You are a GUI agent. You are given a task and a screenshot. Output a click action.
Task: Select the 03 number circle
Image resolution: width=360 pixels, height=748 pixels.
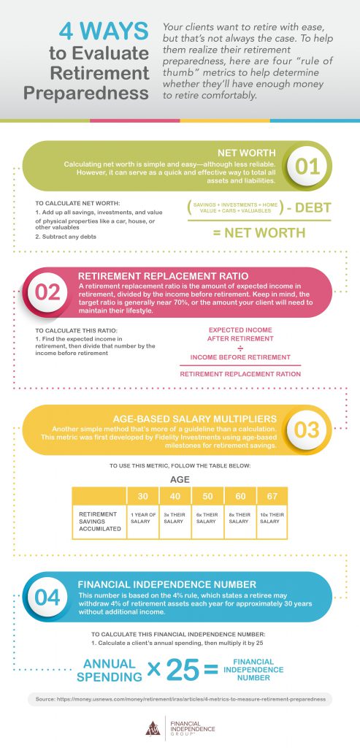click(310, 429)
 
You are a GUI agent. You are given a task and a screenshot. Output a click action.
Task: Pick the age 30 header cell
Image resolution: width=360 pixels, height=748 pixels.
click(143, 496)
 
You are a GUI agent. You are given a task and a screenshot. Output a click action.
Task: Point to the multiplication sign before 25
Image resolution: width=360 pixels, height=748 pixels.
click(154, 670)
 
